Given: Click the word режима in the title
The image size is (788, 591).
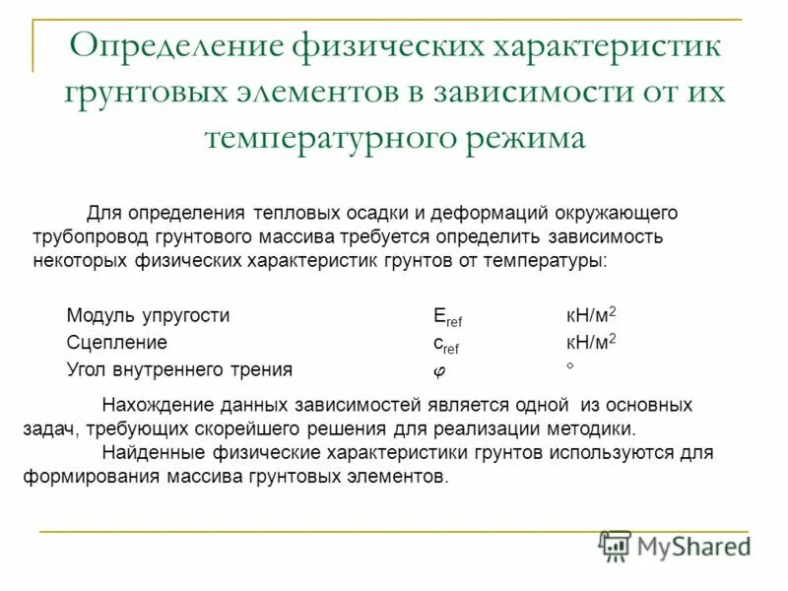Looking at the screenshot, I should pyautogui.click(x=528, y=137).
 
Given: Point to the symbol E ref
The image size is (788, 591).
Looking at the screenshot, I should pyautogui.click(x=447, y=316).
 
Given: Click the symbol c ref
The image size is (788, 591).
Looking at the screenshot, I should pyautogui.click(x=445, y=344).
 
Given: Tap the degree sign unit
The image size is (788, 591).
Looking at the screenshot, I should pyautogui.click(x=569, y=365).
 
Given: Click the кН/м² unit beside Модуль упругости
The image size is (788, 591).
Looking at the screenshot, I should pyautogui.click(x=590, y=315).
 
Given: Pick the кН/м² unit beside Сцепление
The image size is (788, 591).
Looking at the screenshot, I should pyautogui.click(x=590, y=343).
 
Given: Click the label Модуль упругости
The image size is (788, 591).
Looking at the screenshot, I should pyautogui.click(x=148, y=316).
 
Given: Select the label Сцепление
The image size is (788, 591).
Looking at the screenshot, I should pyautogui.click(x=116, y=344).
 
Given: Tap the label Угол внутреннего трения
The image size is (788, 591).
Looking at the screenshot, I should pyautogui.click(x=179, y=370).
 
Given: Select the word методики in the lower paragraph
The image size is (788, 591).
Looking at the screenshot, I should pyautogui.click(x=600, y=430).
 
